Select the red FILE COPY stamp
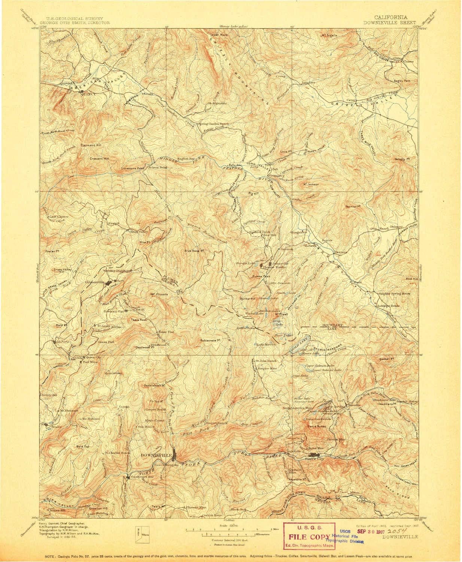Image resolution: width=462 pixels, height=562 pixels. pyautogui.click(x=307, y=533)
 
